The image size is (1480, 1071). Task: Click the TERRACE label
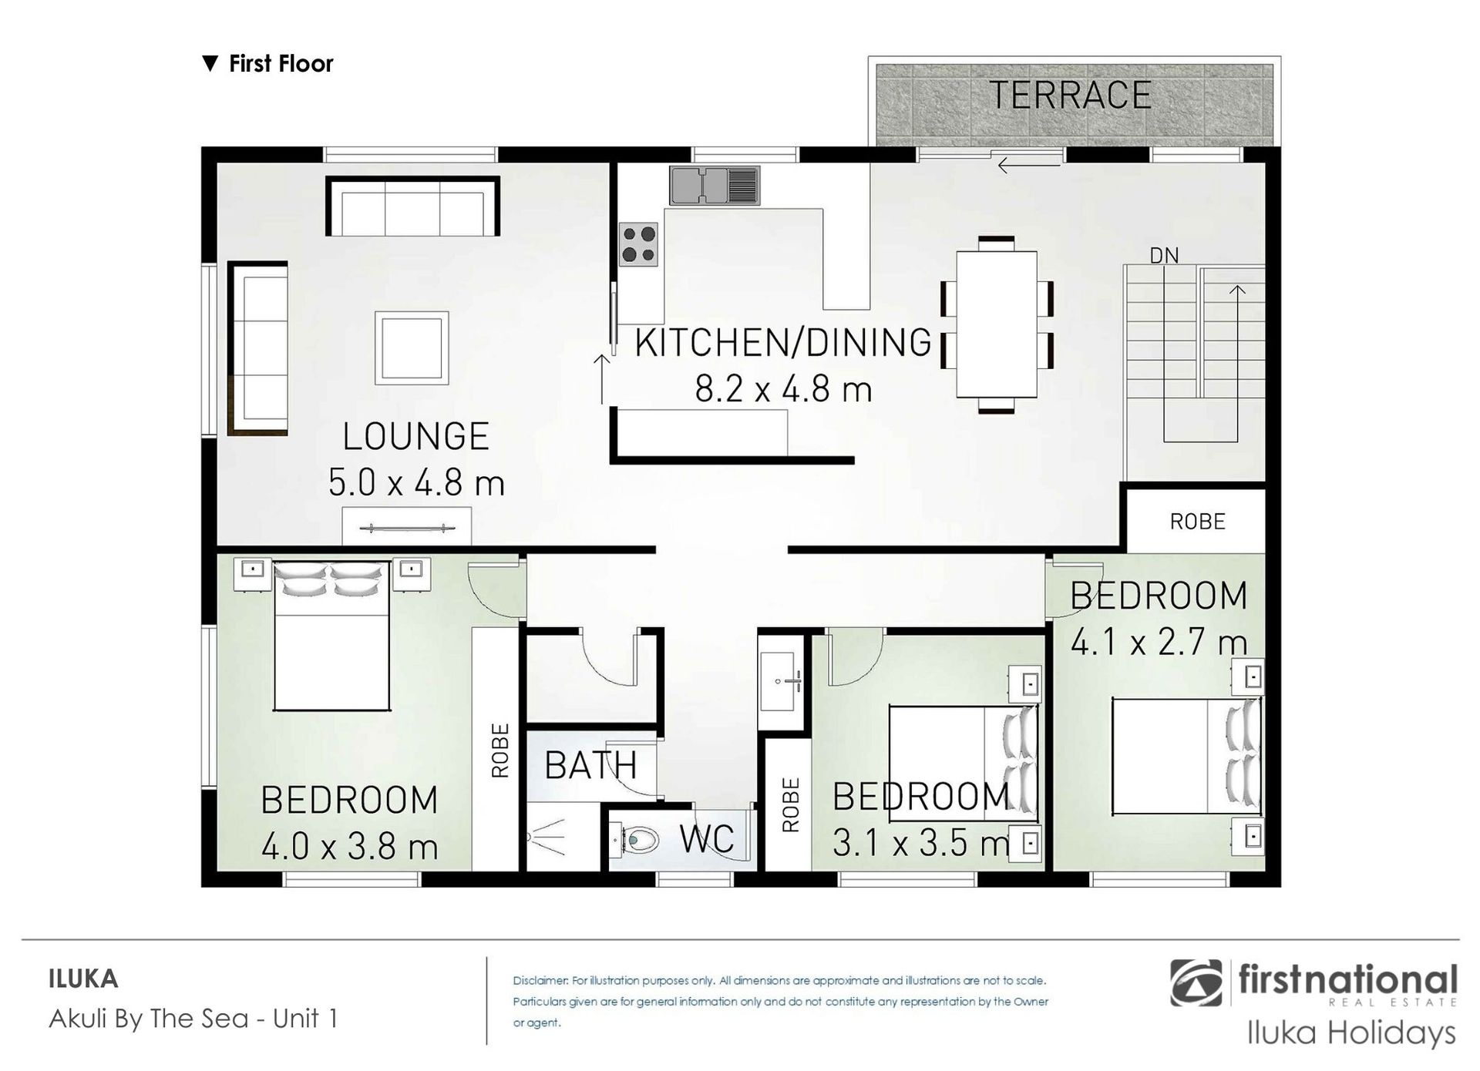(1070, 96)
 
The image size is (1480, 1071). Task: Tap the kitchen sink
(715, 186)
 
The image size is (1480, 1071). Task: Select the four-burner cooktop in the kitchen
(639, 244)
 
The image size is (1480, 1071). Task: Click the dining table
(996, 324)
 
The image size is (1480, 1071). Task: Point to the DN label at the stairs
(1164, 255)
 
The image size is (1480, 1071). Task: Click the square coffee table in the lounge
(412, 347)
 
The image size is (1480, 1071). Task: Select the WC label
(707, 839)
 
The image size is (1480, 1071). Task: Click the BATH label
(591, 765)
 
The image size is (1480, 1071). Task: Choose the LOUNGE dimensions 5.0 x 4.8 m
(416, 483)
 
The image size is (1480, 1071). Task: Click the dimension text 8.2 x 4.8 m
(783, 389)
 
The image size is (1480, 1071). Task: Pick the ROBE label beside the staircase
(1197, 522)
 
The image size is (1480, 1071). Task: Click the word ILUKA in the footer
(83, 979)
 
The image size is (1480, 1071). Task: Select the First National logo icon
(1196, 982)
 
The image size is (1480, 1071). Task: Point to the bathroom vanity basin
(781, 681)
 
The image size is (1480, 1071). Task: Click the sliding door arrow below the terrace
(1029, 164)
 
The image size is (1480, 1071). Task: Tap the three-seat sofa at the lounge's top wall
(413, 206)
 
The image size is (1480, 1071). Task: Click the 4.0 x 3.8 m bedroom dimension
(350, 848)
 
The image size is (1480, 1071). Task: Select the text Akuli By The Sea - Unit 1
(193, 1019)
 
